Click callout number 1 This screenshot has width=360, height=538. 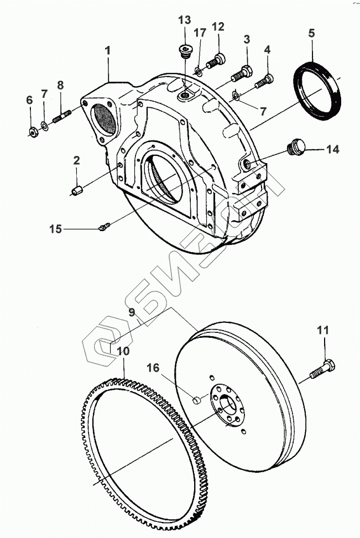[x=108, y=50]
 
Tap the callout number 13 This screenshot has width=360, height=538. [x=185, y=20]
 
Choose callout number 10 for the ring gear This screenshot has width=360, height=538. [x=124, y=351]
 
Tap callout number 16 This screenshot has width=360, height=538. [x=153, y=367]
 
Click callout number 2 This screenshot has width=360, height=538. [x=77, y=161]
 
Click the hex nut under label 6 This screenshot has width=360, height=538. [x=33, y=131]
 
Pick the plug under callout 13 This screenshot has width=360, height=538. [x=184, y=53]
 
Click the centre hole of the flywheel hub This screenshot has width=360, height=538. [x=229, y=408]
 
